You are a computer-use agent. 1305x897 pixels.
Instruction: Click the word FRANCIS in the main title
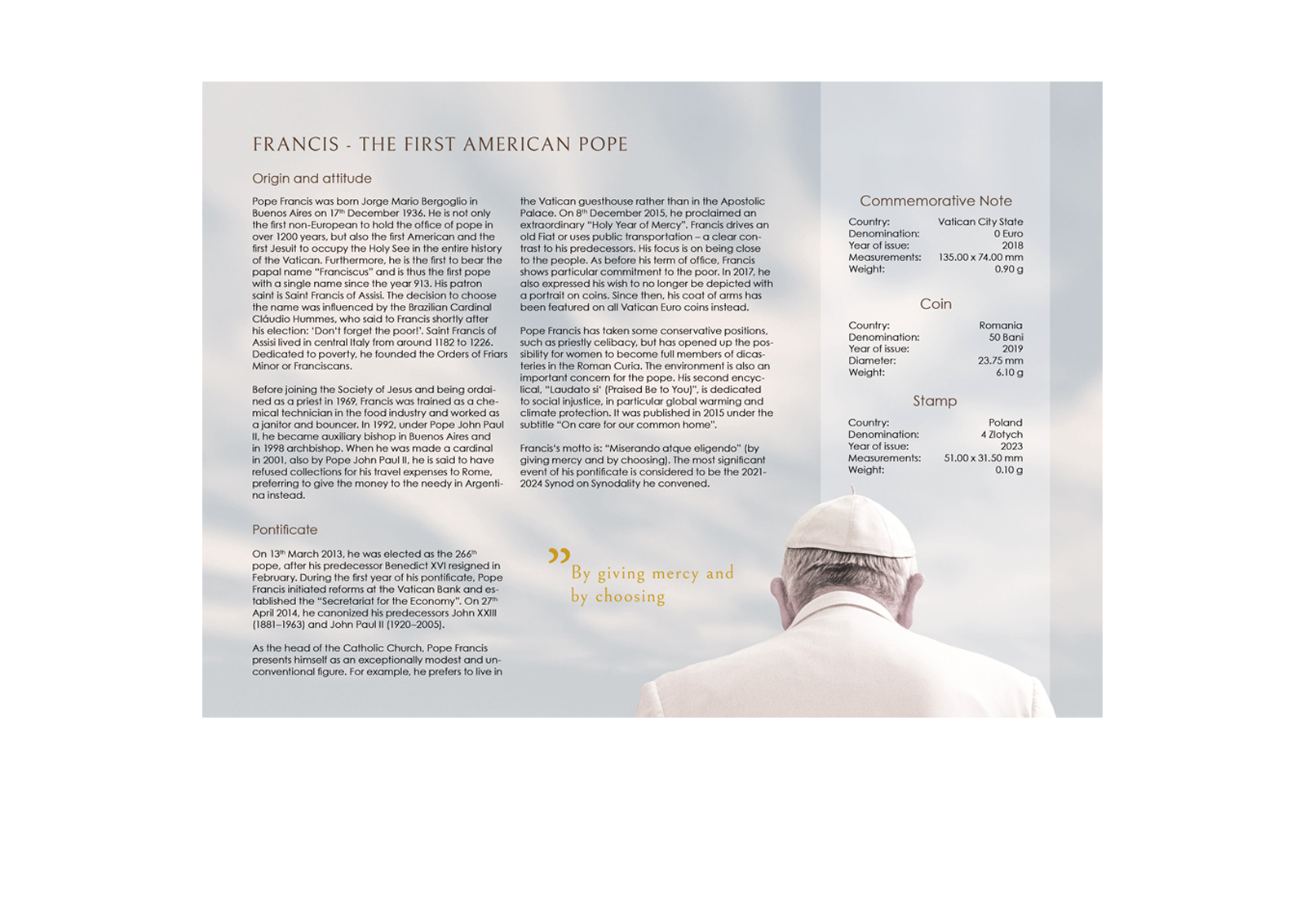click(295, 145)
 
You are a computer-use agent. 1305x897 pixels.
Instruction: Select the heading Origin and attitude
click(312, 179)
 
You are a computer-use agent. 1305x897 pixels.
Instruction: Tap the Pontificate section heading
click(285, 530)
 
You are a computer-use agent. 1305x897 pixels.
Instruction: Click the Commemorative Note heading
click(936, 201)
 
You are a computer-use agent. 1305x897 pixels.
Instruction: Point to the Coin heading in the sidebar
click(936, 304)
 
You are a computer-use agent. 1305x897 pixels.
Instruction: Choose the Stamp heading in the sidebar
click(935, 401)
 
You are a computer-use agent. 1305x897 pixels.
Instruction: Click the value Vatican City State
click(980, 222)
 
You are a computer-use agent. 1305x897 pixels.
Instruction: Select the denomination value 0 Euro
click(1008, 234)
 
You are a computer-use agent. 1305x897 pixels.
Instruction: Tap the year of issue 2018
click(1012, 245)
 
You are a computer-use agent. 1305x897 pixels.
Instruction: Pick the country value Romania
click(1001, 325)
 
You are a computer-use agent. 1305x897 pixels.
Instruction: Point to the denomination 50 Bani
click(1006, 338)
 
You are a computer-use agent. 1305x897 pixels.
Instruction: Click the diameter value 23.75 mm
click(1000, 361)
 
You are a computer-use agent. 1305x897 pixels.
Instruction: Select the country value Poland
click(1005, 423)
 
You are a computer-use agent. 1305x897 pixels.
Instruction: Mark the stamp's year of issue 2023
click(1011, 447)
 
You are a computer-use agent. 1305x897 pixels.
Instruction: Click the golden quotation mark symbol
click(559, 556)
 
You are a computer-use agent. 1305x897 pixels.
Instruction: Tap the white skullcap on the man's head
click(851, 530)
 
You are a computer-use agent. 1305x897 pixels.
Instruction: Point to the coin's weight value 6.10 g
click(1009, 373)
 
